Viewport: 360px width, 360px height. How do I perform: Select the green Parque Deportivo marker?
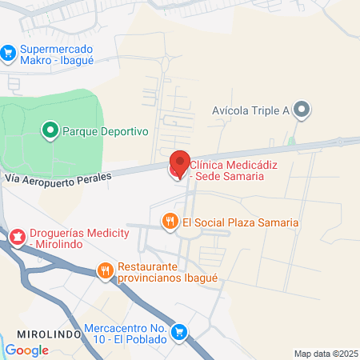point(50,129)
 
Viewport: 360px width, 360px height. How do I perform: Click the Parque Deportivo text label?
point(106,130)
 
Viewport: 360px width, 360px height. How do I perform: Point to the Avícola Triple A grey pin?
point(301,110)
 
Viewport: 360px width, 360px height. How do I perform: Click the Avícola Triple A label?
point(251,110)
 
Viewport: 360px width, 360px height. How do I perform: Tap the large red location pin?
point(180,163)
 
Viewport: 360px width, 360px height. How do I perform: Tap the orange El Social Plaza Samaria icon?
point(170,222)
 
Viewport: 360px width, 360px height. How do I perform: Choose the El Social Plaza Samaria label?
point(241,222)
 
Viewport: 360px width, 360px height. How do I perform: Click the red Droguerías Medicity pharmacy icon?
point(16,236)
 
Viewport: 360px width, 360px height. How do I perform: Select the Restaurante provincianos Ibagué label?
point(167,272)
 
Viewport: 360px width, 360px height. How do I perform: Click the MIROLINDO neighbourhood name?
point(50,332)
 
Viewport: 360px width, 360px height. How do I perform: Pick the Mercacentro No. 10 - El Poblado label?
point(125,334)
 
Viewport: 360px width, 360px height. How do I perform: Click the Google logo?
point(27,350)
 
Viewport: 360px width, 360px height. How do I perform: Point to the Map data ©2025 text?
point(324,354)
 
